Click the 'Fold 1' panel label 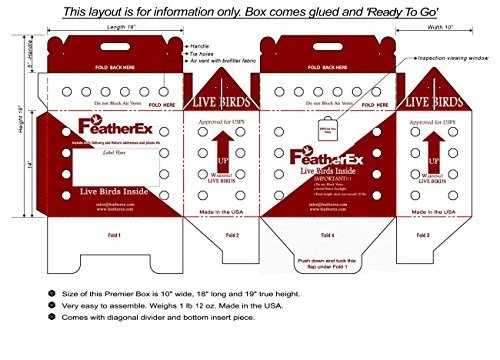point(113,235)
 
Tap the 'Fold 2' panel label point(231,235)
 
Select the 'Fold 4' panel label point(326,235)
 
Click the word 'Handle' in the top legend point(200,46)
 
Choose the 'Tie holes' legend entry point(204,55)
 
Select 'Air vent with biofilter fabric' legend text point(229,64)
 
